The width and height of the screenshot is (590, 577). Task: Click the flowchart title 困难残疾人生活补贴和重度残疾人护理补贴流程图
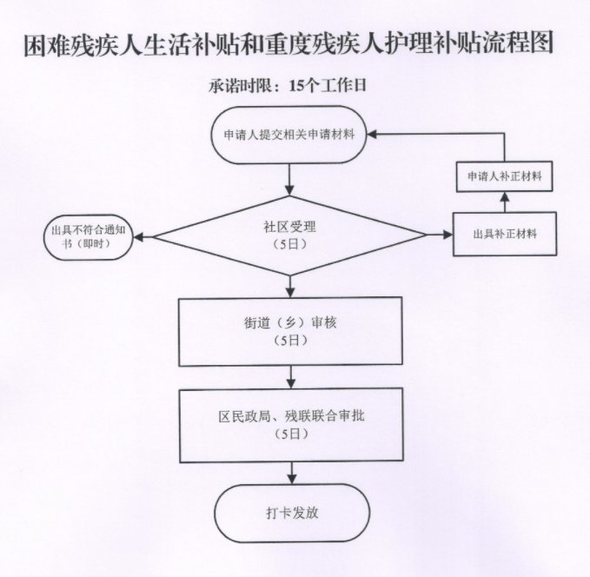pos(289,44)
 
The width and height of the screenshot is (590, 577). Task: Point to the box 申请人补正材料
pos(505,176)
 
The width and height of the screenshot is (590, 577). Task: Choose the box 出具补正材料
pos(505,234)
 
